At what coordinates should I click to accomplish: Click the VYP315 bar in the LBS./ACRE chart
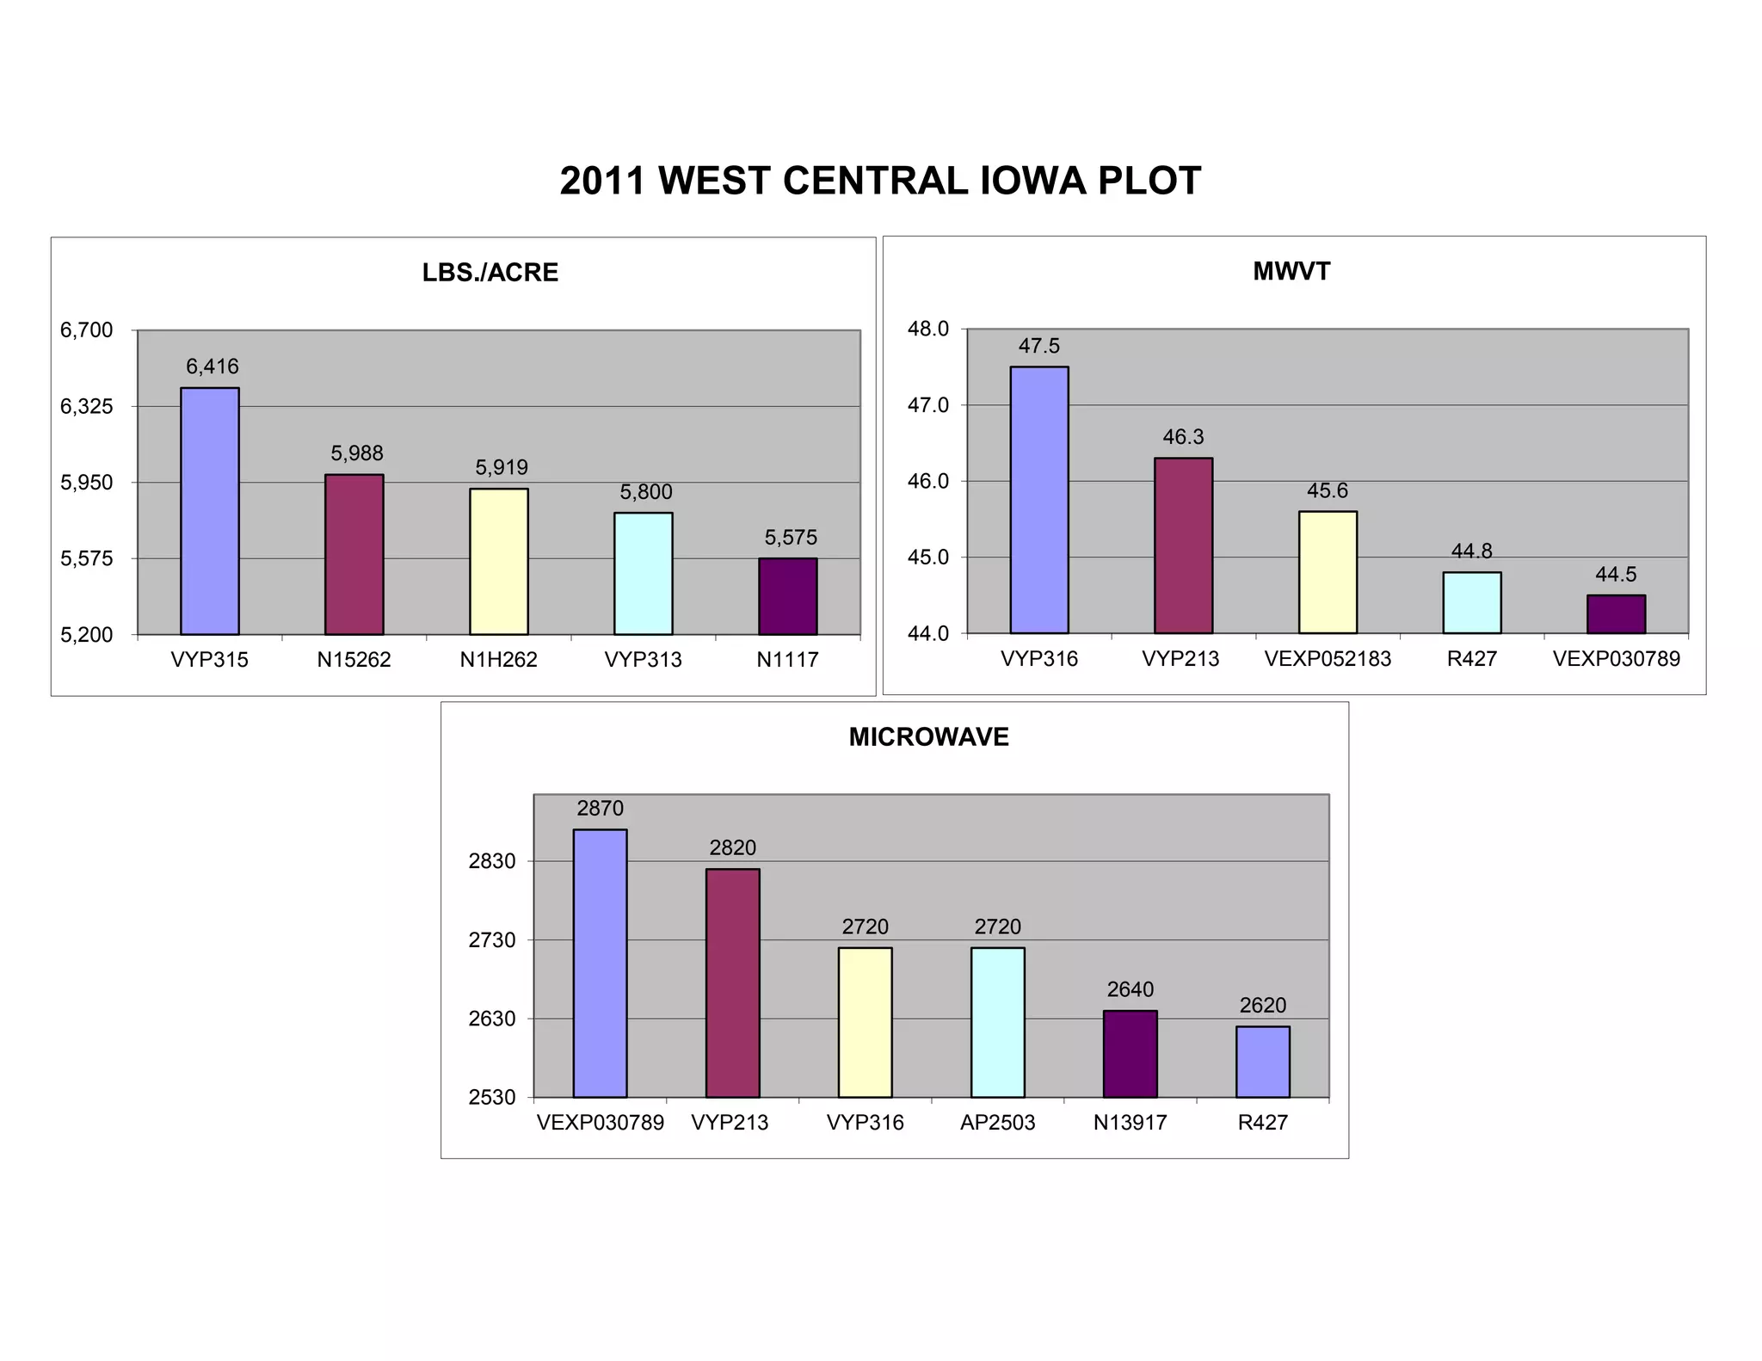210,511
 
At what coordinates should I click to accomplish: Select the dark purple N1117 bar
787,596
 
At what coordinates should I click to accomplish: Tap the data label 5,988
357,453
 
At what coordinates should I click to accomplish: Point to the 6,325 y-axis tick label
86,406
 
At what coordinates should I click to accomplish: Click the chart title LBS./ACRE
490,273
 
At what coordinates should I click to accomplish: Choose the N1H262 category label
498,660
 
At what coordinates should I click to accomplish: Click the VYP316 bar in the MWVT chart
1038,500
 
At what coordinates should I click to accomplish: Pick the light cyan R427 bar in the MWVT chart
1471,603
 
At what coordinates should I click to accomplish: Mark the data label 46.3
1183,437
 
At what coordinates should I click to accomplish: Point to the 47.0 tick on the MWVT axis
927,405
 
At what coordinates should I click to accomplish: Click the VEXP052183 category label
1327,659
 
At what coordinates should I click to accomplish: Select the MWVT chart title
1291,272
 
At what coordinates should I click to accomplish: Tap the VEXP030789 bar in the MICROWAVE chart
600,963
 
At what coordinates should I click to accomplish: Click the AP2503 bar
997,1022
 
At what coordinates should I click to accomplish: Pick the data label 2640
1130,989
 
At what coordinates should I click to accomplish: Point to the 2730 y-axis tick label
491,940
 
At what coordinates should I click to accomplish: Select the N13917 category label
1130,1123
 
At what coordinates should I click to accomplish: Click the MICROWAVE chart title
928,737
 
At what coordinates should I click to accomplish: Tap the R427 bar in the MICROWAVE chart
1262,1062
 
